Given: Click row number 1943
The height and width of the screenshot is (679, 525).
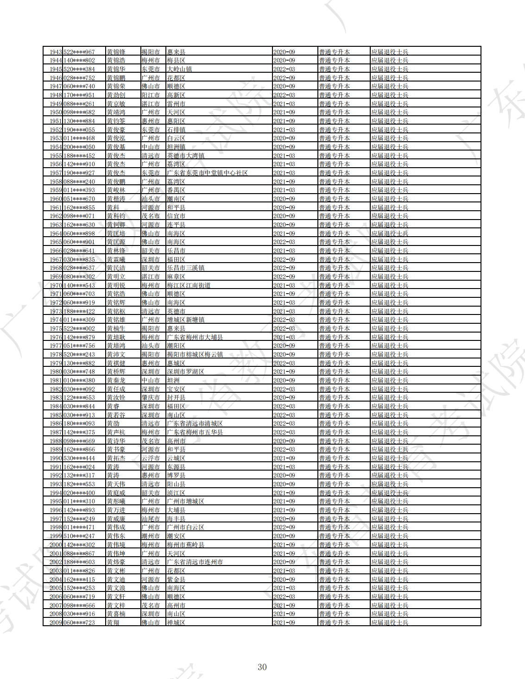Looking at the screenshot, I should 56,52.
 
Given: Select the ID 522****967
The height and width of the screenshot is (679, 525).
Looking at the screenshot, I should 79,52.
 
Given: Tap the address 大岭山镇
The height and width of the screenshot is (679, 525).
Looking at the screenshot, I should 179,69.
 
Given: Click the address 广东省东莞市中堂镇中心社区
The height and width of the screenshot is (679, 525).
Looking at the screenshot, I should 207,173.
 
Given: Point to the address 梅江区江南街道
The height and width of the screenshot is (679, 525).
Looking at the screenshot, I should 189,285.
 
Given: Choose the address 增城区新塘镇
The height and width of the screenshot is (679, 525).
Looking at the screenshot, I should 185,320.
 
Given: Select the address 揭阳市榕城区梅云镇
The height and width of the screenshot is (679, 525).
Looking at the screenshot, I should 195,354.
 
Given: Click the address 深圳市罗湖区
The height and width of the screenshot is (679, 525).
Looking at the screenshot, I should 185,371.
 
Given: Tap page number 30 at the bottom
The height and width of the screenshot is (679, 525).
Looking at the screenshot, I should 262,667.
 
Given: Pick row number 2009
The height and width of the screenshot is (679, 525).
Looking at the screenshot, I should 56,622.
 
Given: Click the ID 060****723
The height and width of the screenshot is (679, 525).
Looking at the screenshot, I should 79,622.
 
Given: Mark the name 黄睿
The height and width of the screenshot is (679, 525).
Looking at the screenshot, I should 113,406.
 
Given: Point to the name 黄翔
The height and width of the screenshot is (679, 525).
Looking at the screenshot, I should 113,622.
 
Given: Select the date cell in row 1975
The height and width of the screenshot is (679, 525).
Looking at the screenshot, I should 284,328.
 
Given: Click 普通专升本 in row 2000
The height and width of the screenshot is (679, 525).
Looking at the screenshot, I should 334,545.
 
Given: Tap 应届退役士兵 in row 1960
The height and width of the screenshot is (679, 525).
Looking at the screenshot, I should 390,199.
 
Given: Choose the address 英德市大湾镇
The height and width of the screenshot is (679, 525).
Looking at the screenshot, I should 185,156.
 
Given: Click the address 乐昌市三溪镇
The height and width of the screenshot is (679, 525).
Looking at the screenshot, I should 185,268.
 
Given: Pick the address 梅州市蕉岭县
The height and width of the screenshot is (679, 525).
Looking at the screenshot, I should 185,545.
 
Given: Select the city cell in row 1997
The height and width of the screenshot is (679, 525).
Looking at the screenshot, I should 151,519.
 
